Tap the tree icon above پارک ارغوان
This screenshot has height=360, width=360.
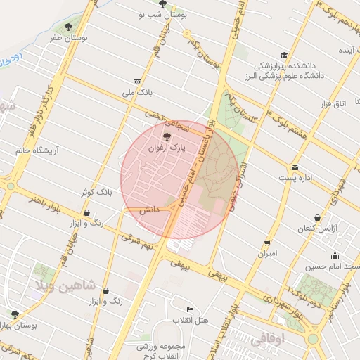pos(167,137)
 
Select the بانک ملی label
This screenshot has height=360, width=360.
pos(137,92)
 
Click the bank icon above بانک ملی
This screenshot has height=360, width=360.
pos(137,81)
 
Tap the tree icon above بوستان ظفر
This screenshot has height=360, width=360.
pos(68,27)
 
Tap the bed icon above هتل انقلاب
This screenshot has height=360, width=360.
pos(190,309)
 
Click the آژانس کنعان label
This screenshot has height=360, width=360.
pos(320,229)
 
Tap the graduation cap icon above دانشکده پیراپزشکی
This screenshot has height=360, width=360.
pos(284,55)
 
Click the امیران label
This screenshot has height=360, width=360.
pos(267,252)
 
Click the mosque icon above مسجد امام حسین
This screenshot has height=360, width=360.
pos(335,255)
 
